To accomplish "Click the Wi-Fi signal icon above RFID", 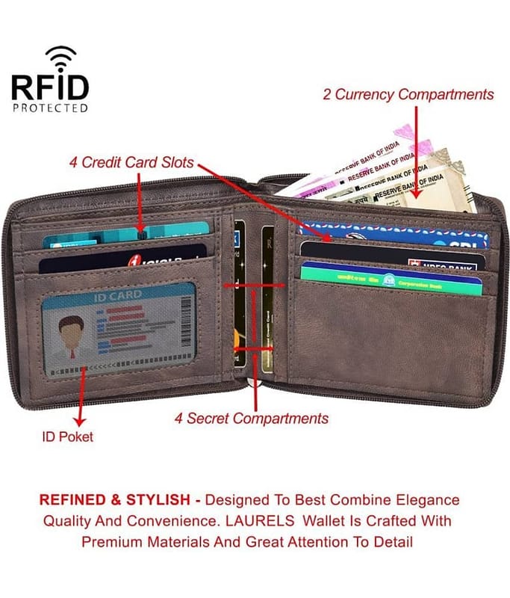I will (60, 56).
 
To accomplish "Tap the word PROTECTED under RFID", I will (50, 108).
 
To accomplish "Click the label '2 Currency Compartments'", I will (408, 95).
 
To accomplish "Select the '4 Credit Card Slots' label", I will (131, 162).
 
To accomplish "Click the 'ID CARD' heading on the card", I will (116, 296).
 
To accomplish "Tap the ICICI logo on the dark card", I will (150, 259).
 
